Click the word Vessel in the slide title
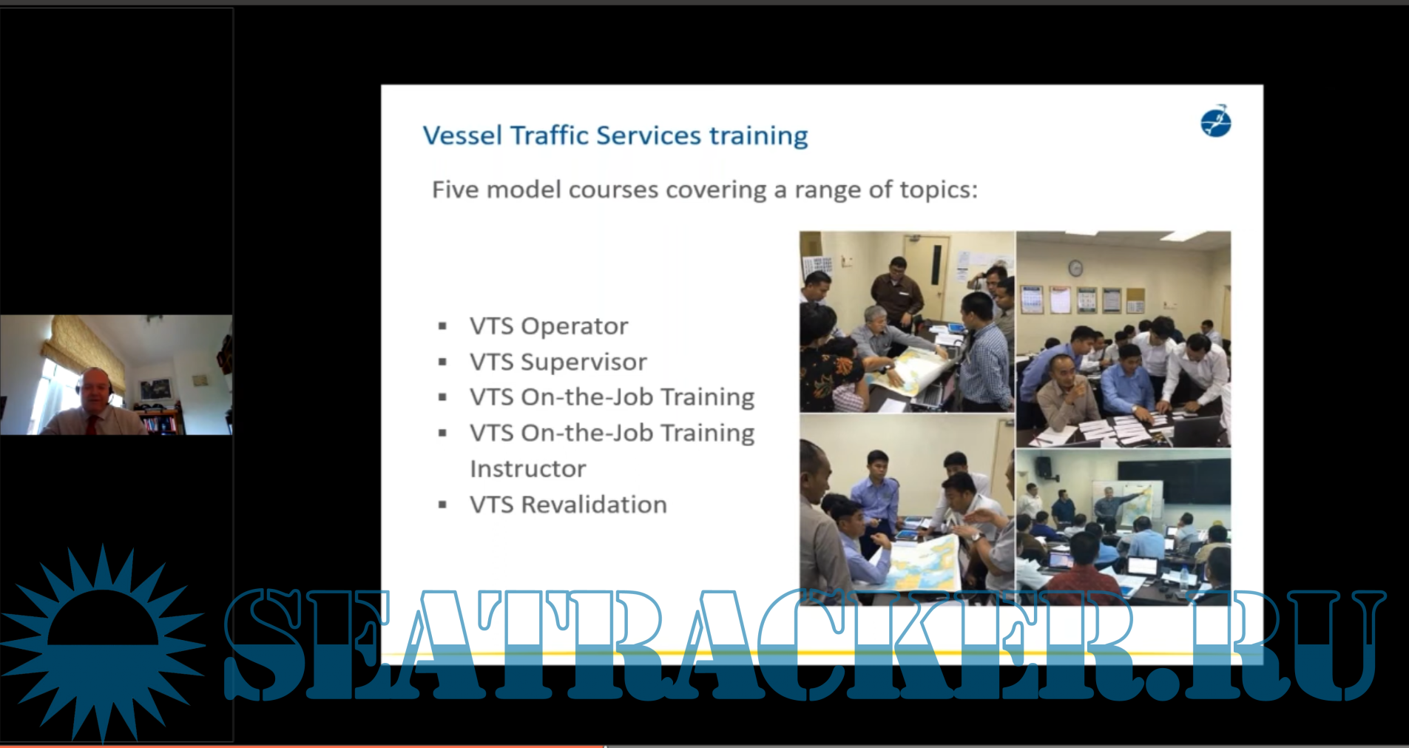(462, 135)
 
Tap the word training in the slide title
(758, 137)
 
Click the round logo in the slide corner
(1215, 121)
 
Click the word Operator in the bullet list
(575, 326)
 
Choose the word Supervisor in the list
(584, 362)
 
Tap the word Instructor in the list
(528, 469)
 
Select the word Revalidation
(594, 505)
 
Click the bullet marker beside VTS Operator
(442, 326)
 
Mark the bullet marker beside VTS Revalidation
(442, 505)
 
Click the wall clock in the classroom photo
(1075, 268)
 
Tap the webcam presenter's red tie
(92, 424)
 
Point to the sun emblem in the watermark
(103, 643)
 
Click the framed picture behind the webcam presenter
(155, 389)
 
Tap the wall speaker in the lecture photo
(1043, 467)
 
